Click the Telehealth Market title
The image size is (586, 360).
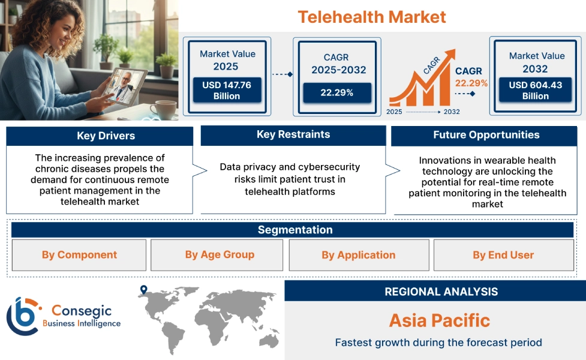point(372,17)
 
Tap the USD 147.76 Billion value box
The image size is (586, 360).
point(227,91)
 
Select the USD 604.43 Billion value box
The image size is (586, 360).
point(536,91)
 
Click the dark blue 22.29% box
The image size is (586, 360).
point(337,92)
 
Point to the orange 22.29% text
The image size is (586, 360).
point(471,83)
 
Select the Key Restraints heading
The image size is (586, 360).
point(293,135)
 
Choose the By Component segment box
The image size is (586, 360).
point(79,255)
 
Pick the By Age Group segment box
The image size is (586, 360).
point(220,255)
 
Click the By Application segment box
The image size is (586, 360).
point(359,255)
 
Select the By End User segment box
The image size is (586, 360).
point(503,255)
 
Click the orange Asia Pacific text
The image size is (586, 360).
point(439,320)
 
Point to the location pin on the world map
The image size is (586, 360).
point(143,290)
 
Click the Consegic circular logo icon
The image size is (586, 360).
point(22,316)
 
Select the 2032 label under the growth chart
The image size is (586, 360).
point(451,112)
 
